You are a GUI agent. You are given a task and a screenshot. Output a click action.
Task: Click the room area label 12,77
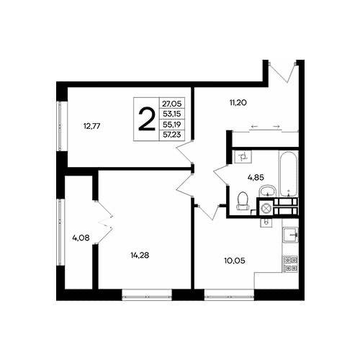tap(91, 126)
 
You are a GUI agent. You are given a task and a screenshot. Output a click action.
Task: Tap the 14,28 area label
tap(140, 255)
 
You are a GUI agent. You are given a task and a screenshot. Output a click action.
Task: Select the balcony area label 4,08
tap(81, 238)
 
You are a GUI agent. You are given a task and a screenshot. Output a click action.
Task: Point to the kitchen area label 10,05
tap(235, 261)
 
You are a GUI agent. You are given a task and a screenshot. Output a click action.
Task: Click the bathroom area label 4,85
tap(256, 178)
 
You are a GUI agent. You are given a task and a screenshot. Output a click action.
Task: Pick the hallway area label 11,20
tap(238, 103)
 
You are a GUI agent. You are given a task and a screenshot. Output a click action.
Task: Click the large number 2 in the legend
tap(147, 119)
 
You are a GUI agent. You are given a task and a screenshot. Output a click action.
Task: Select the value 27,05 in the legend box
tap(172, 104)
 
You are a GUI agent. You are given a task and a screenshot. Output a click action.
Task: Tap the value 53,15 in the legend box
tap(172, 114)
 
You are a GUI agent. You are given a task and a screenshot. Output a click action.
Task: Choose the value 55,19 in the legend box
tap(172, 125)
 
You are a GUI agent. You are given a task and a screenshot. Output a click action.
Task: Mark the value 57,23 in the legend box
tap(172, 135)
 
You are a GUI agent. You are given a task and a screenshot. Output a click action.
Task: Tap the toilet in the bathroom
tap(243, 201)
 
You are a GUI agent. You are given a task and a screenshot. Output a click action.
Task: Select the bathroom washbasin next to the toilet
tap(267, 191)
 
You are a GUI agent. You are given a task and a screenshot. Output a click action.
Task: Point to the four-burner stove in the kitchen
tap(291, 264)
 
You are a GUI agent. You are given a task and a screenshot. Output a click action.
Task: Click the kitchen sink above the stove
tap(290, 235)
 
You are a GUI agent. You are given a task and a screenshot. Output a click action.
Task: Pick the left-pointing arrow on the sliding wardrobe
tap(254, 126)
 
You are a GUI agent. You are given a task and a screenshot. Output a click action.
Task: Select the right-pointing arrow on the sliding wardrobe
tap(276, 126)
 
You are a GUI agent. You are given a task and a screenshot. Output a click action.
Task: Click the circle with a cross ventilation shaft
tap(265, 207)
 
